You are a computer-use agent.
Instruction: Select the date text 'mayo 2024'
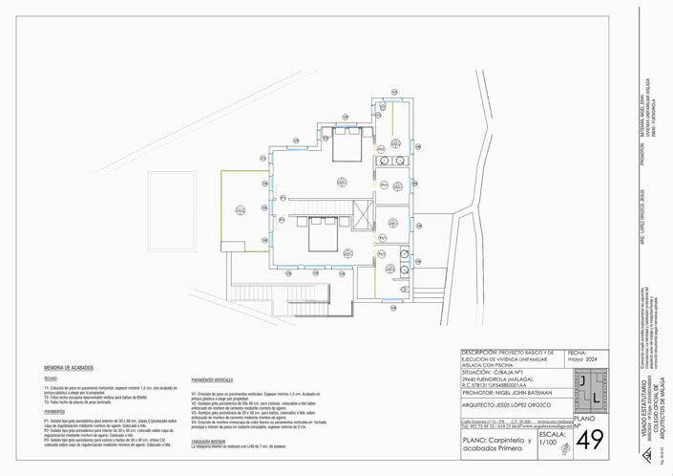pyautogui.click(x=580, y=360)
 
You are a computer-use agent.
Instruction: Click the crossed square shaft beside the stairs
pyautogui.click(x=363, y=215)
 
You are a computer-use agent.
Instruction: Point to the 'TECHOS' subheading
pyautogui.click(x=51, y=378)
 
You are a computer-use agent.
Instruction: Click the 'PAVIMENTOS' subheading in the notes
pyautogui.click(x=54, y=411)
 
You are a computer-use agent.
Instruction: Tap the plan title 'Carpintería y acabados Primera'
pyautogui.click(x=496, y=444)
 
